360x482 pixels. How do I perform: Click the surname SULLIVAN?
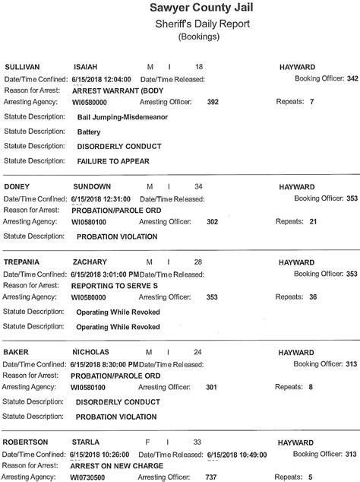pyautogui.click(x=23, y=67)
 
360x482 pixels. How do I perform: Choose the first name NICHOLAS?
pyautogui.click(x=92, y=352)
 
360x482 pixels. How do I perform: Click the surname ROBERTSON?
pyautogui.click(x=27, y=442)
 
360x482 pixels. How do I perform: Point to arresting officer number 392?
pyautogui.click(x=213, y=101)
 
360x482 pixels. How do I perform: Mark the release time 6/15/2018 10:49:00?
pyautogui.click(x=237, y=454)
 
